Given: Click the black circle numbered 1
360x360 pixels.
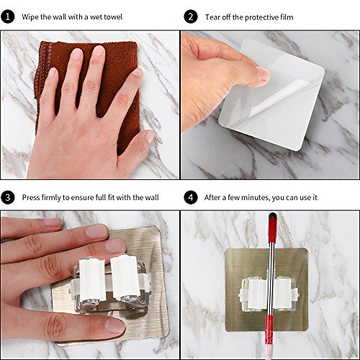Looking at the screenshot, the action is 8,17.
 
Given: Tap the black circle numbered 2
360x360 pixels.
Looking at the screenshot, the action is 191,17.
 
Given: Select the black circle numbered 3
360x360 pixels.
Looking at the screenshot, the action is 8,197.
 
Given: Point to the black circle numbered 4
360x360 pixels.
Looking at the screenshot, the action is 191,197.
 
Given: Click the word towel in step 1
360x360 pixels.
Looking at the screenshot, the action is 112,17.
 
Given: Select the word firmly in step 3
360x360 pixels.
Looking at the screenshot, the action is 51,197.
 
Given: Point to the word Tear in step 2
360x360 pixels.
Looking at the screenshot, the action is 212,17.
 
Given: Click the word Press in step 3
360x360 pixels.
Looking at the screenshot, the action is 31,197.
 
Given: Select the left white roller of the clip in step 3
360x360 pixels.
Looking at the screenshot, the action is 92,278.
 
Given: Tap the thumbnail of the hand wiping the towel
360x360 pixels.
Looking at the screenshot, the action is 89,104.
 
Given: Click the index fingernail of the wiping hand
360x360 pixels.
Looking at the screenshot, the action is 77,54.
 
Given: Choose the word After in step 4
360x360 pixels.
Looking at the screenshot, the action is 212,197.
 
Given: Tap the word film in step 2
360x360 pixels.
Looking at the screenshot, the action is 287,17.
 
